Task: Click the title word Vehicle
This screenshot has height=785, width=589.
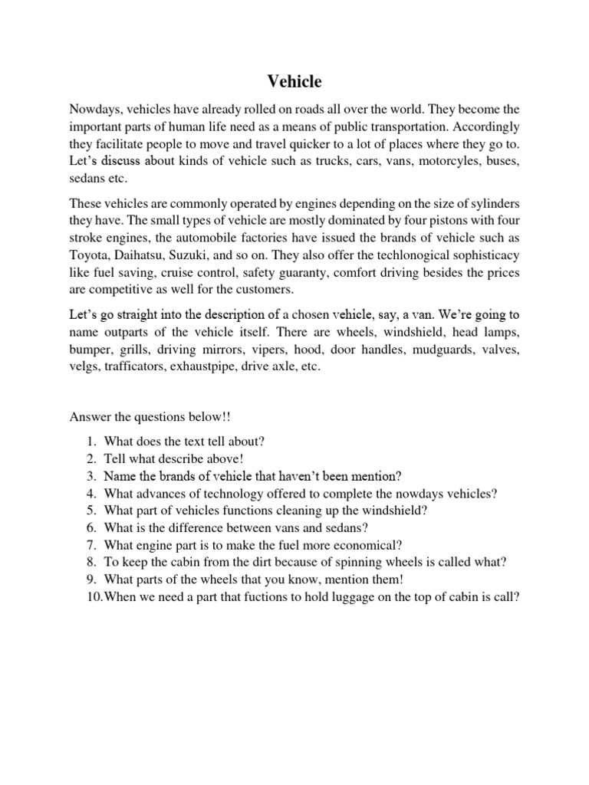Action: (294, 80)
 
